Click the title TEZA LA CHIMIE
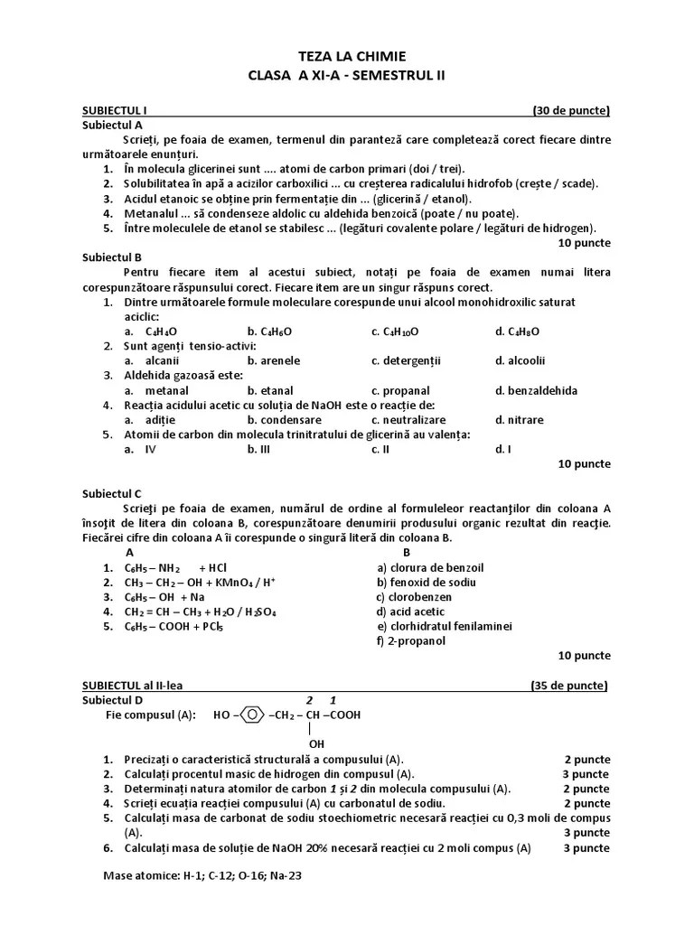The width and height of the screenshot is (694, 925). (x=347, y=56)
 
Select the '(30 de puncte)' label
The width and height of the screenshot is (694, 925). (x=571, y=111)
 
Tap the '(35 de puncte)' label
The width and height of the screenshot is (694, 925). (x=569, y=685)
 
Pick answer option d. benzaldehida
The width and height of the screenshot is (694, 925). (x=536, y=390)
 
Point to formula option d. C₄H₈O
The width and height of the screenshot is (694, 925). (x=517, y=332)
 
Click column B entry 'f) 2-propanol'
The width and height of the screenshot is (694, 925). (x=411, y=640)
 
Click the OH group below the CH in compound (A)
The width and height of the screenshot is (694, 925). (x=316, y=743)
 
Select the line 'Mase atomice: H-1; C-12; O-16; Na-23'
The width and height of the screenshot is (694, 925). (x=202, y=875)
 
